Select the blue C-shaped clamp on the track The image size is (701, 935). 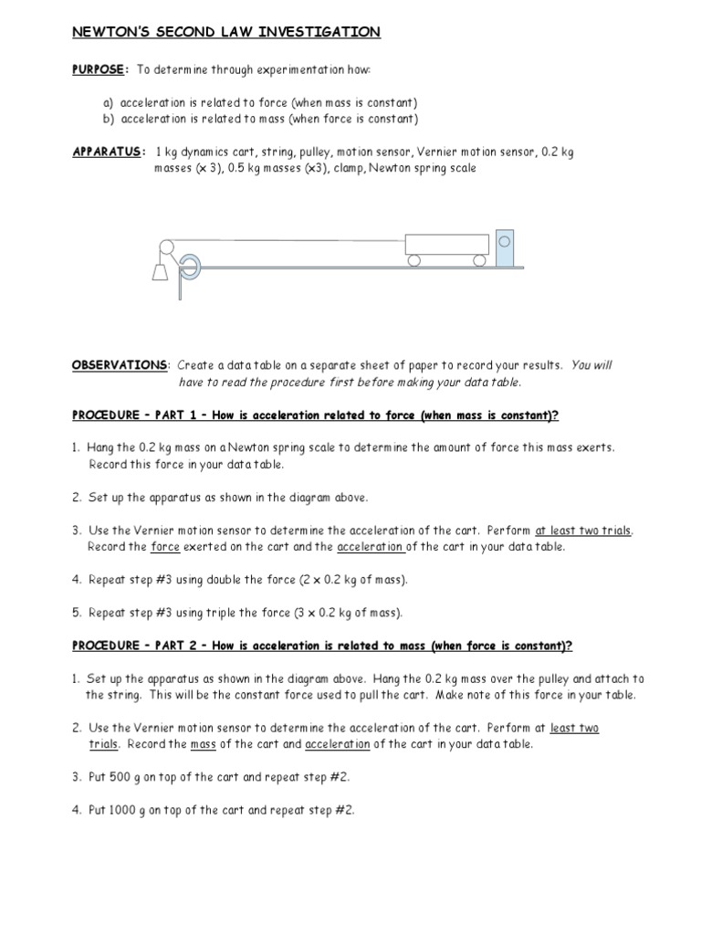tap(188, 267)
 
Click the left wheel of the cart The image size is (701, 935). tap(414, 260)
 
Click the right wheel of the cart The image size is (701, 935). tap(478, 260)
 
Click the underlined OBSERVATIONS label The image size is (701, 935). tap(120, 365)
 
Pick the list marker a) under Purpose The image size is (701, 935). tap(108, 102)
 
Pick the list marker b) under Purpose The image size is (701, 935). tap(108, 119)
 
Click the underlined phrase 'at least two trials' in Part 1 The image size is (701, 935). tap(583, 531)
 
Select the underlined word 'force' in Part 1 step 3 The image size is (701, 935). tap(165, 547)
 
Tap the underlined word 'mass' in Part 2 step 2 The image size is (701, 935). tap(203, 744)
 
